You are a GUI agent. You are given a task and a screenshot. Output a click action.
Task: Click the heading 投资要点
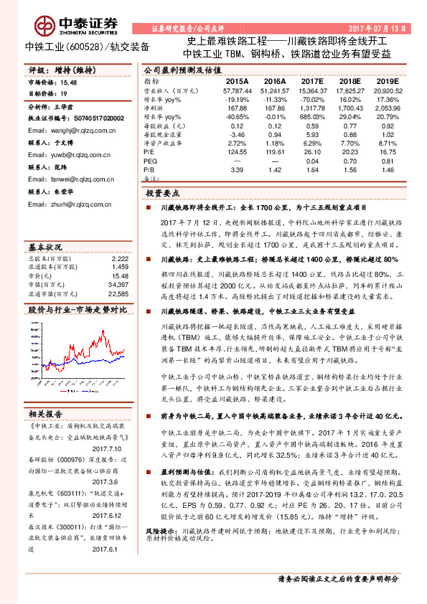click(164, 194)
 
